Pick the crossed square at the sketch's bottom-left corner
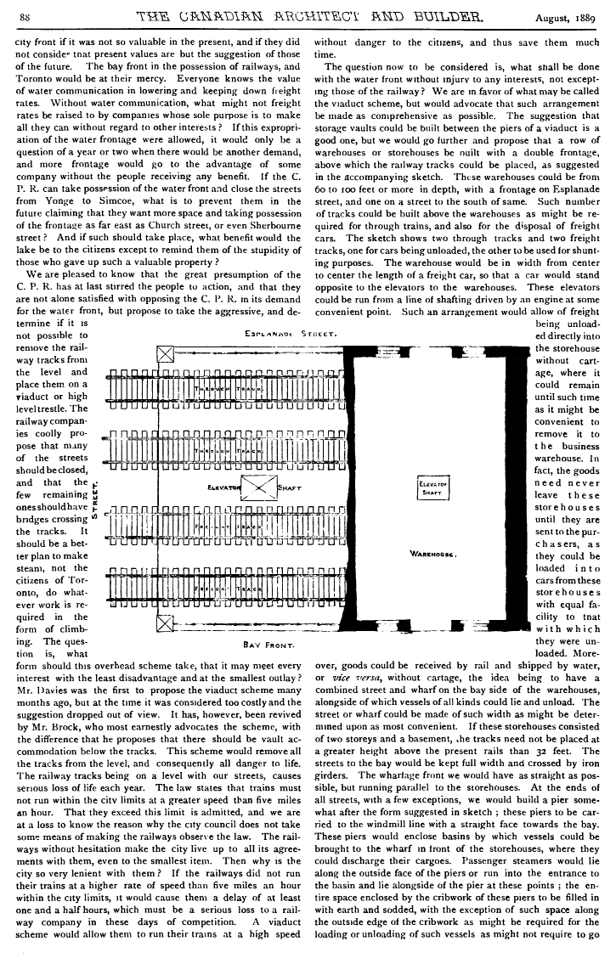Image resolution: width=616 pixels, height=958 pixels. pos(165,627)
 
